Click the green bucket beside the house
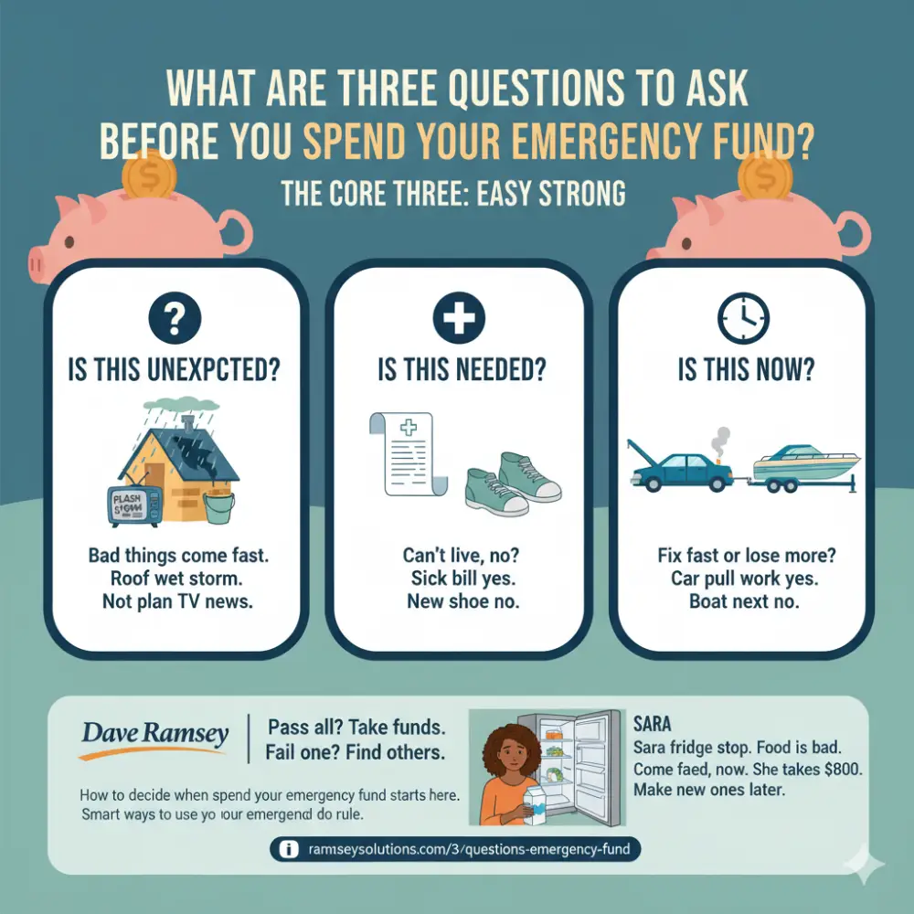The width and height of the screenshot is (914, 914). point(218,506)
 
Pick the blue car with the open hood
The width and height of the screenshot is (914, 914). point(675,466)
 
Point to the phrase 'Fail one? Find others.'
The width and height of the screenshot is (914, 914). point(356,754)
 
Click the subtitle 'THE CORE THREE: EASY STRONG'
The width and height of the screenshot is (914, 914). point(453,194)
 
